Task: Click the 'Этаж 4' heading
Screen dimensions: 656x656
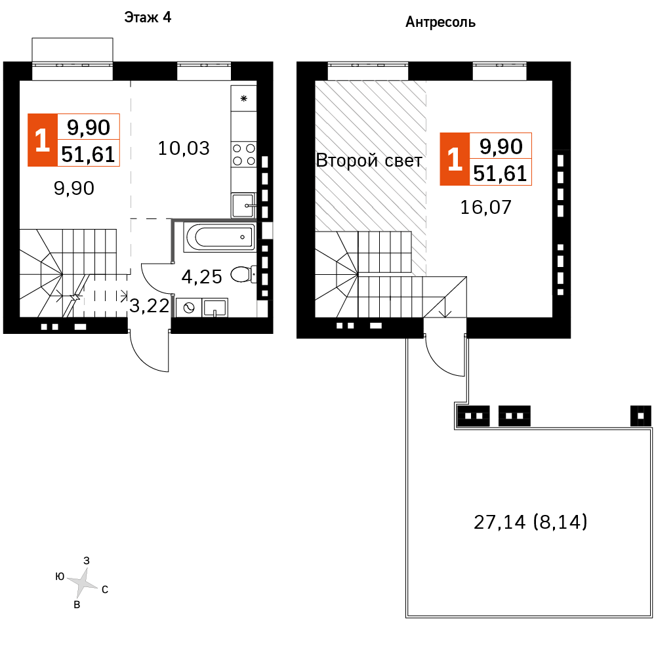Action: click(148, 18)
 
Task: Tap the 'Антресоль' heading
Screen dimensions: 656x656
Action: click(441, 23)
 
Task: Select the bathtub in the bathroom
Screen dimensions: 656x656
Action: click(218, 237)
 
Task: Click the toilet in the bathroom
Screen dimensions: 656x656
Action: click(244, 274)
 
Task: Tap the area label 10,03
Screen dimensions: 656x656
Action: click(184, 148)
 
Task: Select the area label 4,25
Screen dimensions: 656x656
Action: click(201, 277)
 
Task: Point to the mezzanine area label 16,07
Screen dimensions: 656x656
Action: click(485, 208)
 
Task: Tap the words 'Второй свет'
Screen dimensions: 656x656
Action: click(369, 161)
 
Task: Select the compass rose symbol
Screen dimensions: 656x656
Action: click(83, 582)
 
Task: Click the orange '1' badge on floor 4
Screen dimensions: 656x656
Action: click(42, 140)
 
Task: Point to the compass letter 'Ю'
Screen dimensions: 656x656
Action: click(60, 577)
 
